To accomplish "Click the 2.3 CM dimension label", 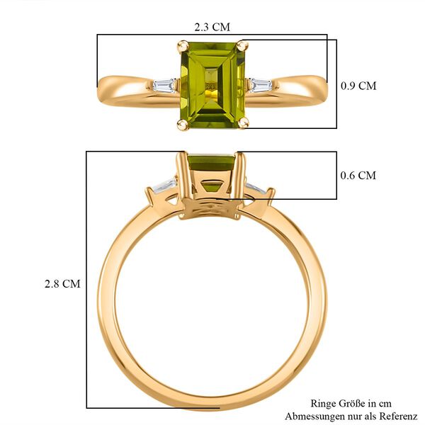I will click(212, 27).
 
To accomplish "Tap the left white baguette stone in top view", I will click(164, 86).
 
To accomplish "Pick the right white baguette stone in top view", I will click(259, 86).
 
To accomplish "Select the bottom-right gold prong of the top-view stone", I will click(244, 124).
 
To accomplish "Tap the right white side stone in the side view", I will click(256, 188).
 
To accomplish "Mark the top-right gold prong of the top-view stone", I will click(242, 46).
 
